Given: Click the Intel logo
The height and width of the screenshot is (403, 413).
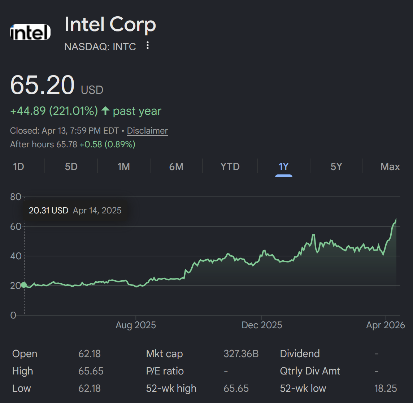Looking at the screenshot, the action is click(30, 32).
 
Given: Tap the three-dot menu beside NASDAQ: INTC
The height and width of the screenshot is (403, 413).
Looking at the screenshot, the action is click(148, 45).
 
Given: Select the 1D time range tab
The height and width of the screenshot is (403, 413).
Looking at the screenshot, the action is click(18, 166).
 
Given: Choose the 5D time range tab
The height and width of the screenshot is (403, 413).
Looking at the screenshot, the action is click(71, 166).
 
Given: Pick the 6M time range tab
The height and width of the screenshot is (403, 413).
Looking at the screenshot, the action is click(176, 166).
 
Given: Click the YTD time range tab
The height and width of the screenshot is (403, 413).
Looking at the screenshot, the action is click(230, 166).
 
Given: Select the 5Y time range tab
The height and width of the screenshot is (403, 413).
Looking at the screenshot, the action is click(336, 166).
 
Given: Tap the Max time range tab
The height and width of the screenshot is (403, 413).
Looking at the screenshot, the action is click(390, 166).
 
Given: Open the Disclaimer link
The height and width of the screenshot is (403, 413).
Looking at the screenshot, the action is click(148, 131).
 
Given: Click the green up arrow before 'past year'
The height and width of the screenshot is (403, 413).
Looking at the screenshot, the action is click(105, 110).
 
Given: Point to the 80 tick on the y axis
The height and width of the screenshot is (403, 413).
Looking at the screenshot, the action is click(16, 197).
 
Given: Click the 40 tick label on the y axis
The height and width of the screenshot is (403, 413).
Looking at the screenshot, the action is click(16, 256).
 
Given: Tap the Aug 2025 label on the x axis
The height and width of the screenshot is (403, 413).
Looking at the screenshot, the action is click(136, 325).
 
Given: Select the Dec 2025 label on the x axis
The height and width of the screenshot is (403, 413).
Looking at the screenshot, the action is click(262, 325).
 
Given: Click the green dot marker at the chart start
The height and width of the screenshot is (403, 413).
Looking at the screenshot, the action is click(24, 285).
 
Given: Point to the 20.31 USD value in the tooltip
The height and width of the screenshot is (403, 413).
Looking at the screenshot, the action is click(48, 211).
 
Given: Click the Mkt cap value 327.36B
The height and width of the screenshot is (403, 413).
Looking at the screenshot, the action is click(241, 354).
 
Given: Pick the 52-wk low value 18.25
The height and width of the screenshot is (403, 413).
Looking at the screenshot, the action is click(386, 389).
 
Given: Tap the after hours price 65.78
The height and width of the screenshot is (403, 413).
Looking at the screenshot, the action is click(67, 144).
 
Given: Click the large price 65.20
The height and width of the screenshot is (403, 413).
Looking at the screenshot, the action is click(42, 85).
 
